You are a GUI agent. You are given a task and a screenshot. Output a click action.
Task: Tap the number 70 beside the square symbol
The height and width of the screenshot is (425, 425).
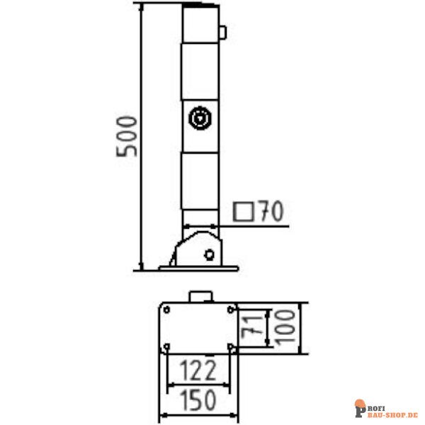pos(271,211)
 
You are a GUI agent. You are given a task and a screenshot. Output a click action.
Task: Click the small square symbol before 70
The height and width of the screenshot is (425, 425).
pos(246,212)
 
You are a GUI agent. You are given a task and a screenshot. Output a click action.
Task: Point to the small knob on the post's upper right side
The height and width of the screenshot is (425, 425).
pos(222,32)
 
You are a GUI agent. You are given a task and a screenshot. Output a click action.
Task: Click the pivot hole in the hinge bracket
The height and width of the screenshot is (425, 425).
pos(209,254)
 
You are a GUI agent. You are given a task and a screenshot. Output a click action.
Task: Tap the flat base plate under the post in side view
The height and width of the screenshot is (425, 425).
pos(199,267)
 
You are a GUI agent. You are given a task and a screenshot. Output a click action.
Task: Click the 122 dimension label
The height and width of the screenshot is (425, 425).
pos(198,370)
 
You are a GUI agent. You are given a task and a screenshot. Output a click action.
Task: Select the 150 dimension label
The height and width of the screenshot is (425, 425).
pos(198,399)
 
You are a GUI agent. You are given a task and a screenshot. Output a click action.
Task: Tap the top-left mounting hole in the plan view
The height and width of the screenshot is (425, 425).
pos(166,309)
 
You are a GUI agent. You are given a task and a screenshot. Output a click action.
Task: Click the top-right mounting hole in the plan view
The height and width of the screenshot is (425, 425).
pos(230,309)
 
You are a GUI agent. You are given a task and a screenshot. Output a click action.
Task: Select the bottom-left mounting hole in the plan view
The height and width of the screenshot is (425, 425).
pos(166,346)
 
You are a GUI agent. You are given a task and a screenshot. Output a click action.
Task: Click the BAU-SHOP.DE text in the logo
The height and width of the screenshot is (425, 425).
pos(392,412)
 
